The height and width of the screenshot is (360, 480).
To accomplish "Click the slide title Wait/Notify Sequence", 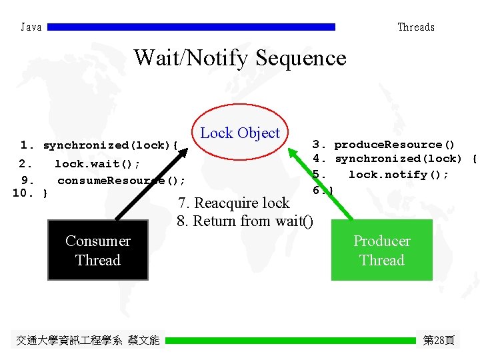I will point(240,58).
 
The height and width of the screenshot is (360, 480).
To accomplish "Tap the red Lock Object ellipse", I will point(240,133).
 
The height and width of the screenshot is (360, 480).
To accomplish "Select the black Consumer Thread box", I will point(98,250).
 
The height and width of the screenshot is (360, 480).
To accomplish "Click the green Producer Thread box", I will point(381,250).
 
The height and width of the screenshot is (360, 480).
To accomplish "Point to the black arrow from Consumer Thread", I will point(150,186).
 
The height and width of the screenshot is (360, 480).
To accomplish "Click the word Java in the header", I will point(31,27).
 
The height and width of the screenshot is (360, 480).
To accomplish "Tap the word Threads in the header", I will point(416,27).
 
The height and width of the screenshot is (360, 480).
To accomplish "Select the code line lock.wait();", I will point(97,164).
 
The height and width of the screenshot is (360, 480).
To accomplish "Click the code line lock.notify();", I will point(398,175).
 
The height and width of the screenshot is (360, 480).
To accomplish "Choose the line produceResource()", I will point(394,145).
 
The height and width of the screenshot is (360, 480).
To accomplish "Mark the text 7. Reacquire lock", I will point(233,203).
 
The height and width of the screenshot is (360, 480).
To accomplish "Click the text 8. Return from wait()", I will point(245,221).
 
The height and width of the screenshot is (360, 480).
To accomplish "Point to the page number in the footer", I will point(439,340).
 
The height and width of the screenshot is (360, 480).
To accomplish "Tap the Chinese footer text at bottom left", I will point(87,340).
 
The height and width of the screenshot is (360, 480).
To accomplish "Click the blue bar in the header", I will point(191,27).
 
